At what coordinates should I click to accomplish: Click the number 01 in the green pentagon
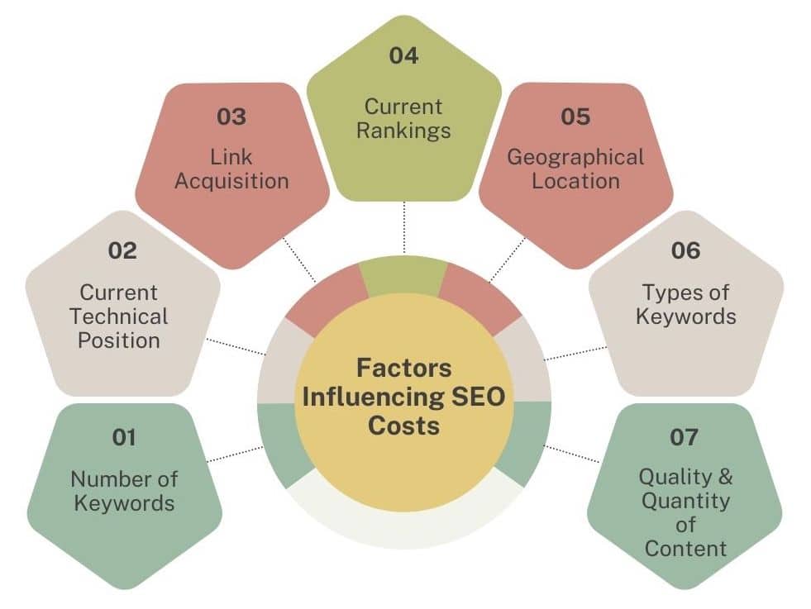tap(124, 438)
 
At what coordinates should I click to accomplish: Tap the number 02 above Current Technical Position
tap(122, 250)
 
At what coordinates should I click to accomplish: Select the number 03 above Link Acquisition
tap(231, 117)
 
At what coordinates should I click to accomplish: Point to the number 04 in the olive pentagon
tap(404, 56)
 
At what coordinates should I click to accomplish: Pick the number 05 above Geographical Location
tap(575, 117)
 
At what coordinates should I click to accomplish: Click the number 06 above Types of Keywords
tap(685, 250)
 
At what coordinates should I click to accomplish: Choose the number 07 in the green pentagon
tap(684, 437)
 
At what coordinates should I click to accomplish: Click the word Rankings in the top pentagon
tap(404, 131)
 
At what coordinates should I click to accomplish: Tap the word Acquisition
tap(231, 181)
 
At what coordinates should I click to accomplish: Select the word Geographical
tap(575, 157)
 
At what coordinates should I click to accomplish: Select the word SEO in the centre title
tap(479, 396)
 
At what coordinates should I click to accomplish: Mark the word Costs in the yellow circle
tap(403, 426)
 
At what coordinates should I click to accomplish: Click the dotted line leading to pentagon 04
tap(404, 227)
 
